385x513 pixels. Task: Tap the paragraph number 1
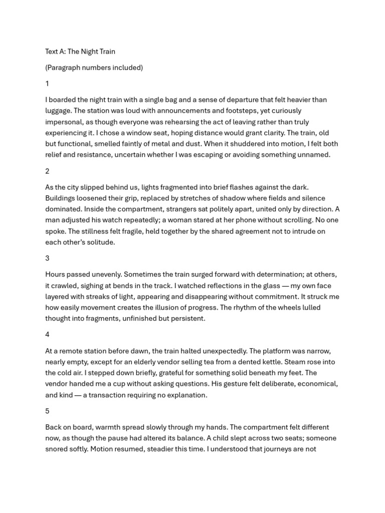coord(47,84)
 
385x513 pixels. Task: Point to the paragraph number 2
coord(47,171)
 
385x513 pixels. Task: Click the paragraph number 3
coord(47,258)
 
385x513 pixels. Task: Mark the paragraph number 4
coord(47,334)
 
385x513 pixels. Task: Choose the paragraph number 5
coord(47,411)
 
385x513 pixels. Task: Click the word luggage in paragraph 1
coord(58,111)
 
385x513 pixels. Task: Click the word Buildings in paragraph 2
coord(61,198)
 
